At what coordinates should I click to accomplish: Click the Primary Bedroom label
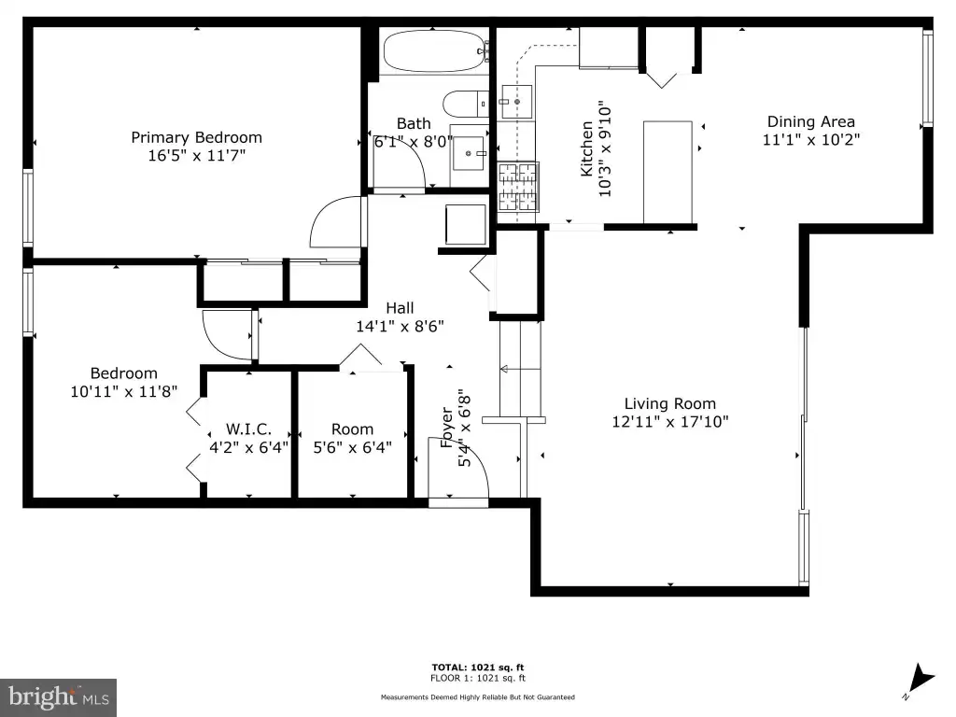[x=196, y=138]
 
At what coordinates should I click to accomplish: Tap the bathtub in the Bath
[x=432, y=52]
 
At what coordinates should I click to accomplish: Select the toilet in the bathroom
[x=465, y=105]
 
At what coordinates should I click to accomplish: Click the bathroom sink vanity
[x=469, y=156]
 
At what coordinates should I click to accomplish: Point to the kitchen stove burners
[x=517, y=186]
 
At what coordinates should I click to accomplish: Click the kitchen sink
[x=516, y=102]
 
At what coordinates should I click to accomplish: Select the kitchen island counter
[x=668, y=172]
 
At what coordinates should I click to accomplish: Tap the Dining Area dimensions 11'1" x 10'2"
[x=811, y=140]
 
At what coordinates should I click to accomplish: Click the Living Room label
[x=670, y=403]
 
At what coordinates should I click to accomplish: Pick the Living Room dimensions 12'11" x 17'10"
[x=670, y=421]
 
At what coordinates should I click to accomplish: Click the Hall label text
[x=400, y=308]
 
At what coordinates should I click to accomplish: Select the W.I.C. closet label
[x=248, y=429]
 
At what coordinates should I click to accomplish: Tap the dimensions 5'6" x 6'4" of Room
[x=352, y=447]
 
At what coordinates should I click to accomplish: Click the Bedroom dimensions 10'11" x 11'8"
[x=124, y=391]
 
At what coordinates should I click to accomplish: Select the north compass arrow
[x=921, y=678]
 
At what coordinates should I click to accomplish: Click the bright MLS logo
[x=59, y=697]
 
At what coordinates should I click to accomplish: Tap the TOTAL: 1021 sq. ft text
[x=478, y=668]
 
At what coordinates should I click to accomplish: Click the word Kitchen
[x=586, y=148]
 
